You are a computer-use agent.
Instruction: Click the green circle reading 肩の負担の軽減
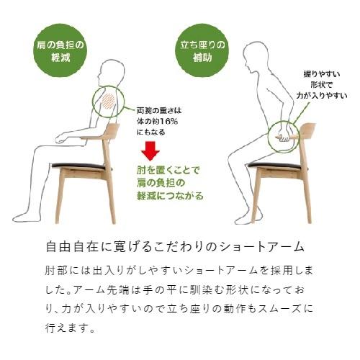pyautogui.click(x=60, y=51)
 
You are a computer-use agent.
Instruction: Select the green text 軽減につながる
pyautogui.click(x=169, y=196)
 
